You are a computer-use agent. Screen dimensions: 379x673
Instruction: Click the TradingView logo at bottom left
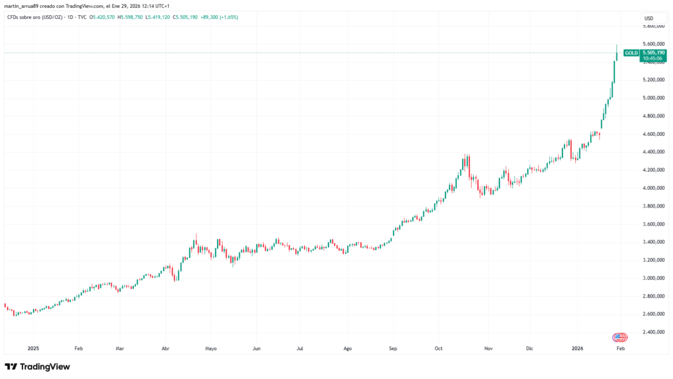[x=37, y=367]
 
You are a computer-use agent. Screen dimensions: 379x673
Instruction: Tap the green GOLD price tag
[x=632, y=53]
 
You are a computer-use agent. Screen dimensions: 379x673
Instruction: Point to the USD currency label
[x=649, y=18]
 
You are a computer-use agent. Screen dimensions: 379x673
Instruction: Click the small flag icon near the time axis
[x=619, y=337]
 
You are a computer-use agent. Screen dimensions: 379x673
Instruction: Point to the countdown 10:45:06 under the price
[x=653, y=58]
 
